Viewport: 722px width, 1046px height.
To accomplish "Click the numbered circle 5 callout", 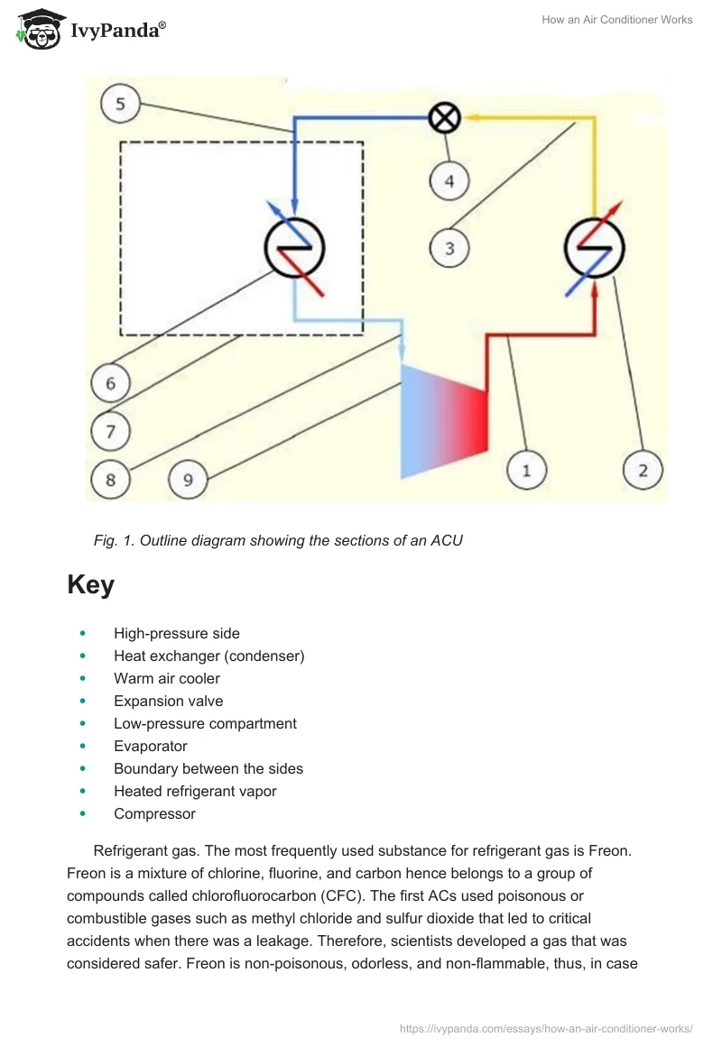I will pos(120,105).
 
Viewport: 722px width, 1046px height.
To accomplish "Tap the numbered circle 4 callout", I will pos(449,181).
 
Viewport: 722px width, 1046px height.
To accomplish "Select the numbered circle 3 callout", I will pos(449,246).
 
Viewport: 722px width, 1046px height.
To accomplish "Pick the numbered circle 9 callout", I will pos(188,479).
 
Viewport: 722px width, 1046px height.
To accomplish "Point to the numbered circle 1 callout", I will pos(526,470).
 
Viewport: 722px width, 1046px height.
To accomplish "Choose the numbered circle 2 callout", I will pos(643,470).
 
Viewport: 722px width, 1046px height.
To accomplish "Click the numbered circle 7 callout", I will pos(110,432).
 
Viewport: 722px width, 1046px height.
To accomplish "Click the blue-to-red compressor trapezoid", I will pos(444,419).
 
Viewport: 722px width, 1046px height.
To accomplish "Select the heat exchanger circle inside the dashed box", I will pos(294,246).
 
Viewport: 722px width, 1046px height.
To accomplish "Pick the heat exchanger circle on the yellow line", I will pos(594,246).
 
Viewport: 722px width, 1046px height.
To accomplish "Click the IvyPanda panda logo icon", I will pos(38,29).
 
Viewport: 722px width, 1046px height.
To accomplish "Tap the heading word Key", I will pos(90,585).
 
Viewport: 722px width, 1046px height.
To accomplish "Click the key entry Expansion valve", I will pos(168,701).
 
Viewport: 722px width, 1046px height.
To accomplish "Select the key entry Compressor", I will pos(154,813).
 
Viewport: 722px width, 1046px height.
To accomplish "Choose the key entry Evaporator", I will pos(150,746).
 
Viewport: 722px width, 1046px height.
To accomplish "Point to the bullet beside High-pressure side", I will pos(84,634).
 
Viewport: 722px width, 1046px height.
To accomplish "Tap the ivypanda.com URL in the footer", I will pos(545,1028).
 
